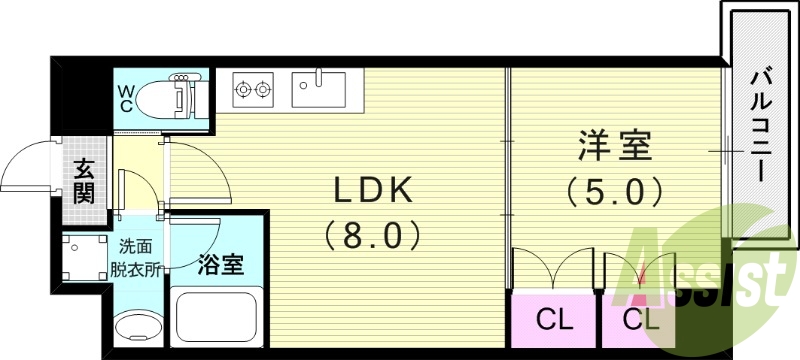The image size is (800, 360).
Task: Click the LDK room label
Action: (x=373, y=190)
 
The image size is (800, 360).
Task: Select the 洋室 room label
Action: (x=613, y=146)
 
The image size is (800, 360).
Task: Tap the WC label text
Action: (x=127, y=96)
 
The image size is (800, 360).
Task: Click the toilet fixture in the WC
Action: (x=170, y=97)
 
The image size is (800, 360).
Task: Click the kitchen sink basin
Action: (x=317, y=89)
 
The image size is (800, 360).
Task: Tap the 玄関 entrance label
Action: (x=84, y=181)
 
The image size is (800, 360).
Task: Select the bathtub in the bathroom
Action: (x=216, y=318)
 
